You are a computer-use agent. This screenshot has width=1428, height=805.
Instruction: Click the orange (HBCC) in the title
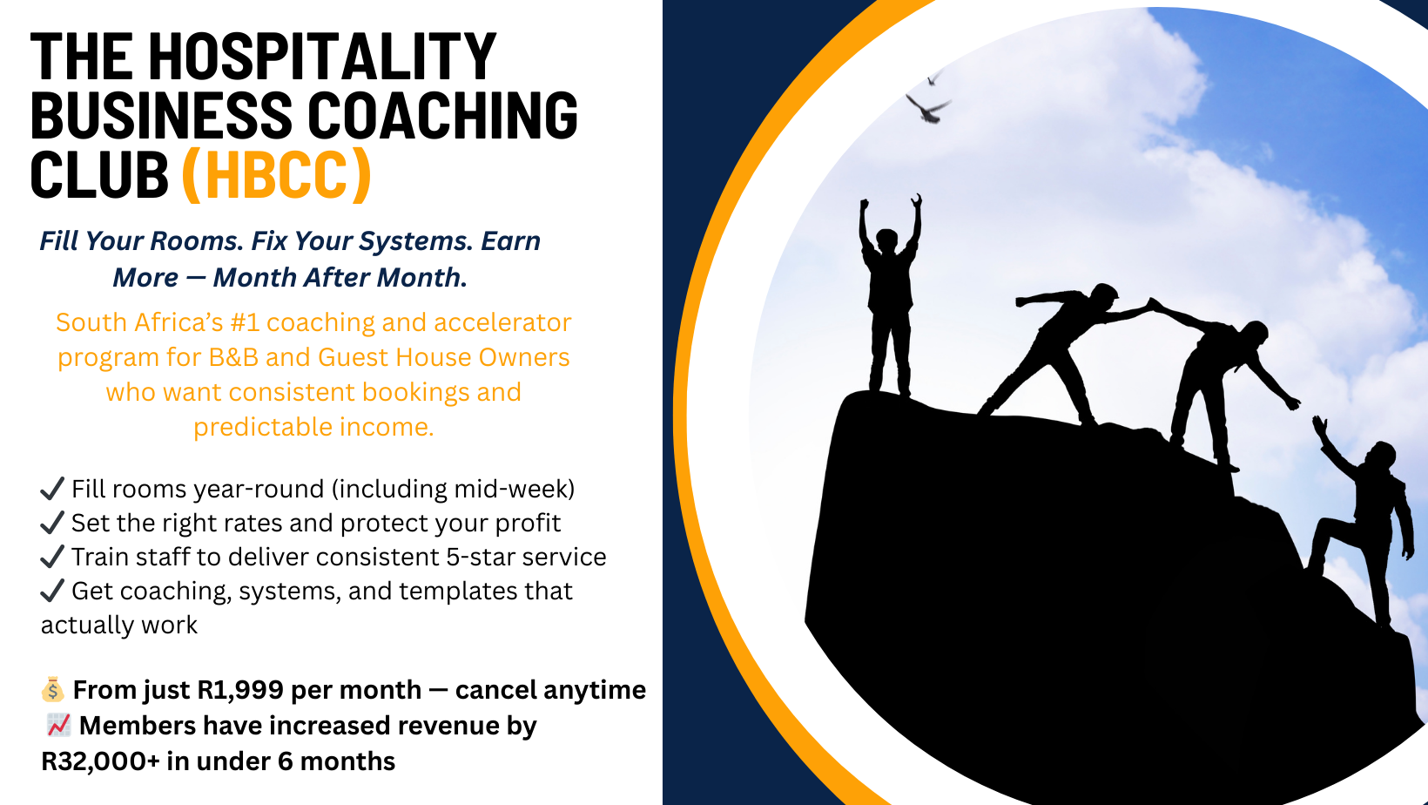click(276, 175)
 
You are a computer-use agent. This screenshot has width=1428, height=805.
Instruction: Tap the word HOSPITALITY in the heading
click(323, 57)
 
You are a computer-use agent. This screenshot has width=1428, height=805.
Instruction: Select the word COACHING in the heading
click(442, 116)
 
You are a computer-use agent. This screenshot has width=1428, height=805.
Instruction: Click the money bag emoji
click(52, 690)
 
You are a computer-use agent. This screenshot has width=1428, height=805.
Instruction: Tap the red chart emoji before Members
click(58, 725)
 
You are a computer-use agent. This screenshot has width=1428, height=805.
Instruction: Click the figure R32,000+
click(100, 761)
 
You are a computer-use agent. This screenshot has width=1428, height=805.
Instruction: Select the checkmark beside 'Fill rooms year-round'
click(52, 489)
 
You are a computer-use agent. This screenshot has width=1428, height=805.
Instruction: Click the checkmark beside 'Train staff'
click(52, 556)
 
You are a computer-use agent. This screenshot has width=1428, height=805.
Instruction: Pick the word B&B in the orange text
click(233, 357)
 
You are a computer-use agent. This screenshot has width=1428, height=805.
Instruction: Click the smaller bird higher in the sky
click(934, 78)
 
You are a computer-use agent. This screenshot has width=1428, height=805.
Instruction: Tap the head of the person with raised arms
click(886, 240)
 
